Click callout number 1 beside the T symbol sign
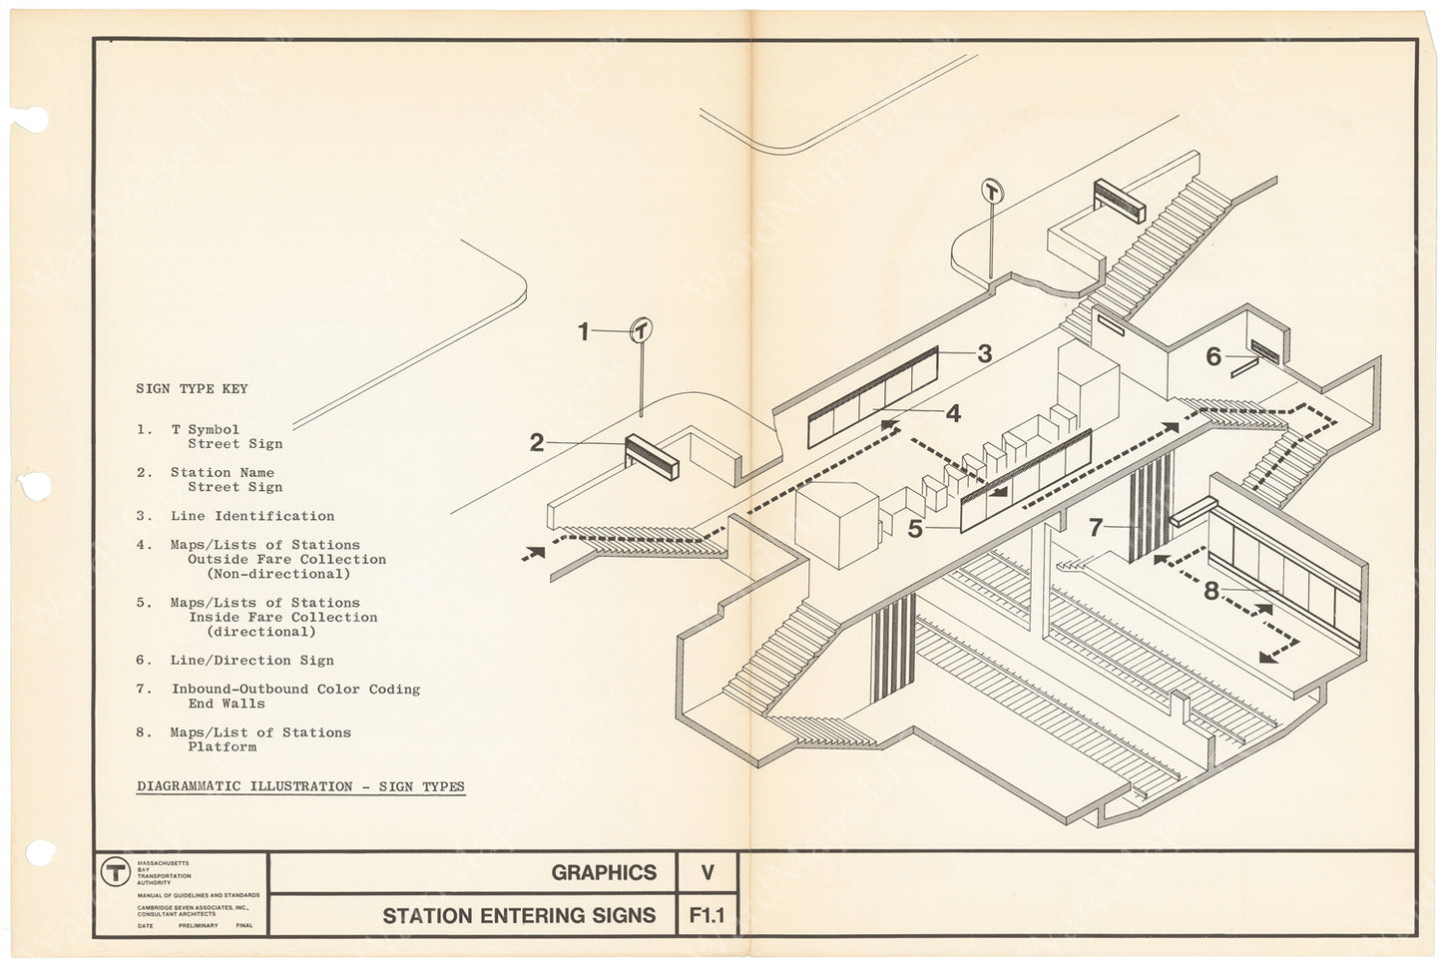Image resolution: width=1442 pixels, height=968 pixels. [x=584, y=331]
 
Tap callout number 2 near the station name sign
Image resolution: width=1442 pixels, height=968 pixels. [x=537, y=442]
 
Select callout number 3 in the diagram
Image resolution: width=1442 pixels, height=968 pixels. [x=985, y=353]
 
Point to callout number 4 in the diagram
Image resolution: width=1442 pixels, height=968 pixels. [x=953, y=413]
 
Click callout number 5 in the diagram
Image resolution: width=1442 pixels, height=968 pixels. [x=915, y=529]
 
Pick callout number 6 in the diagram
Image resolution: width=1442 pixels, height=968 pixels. [x=1213, y=356]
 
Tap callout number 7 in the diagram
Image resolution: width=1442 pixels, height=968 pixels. [x=1096, y=527]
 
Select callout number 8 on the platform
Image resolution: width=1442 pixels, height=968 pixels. [x=1211, y=591]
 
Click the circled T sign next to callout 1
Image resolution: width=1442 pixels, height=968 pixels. [x=641, y=330]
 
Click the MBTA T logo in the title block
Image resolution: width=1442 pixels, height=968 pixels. [x=116, y=871]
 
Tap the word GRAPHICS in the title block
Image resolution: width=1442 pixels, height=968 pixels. [x=604, y=873]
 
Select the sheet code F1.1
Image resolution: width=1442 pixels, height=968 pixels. [x=707, y=915]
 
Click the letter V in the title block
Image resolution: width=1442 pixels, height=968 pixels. [x=707, y=873]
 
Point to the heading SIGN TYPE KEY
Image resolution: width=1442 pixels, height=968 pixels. [x=192, y=389]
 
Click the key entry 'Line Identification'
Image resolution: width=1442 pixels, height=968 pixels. [x=251, y=516]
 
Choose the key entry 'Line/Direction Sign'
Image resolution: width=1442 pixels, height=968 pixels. [x=251, y=661]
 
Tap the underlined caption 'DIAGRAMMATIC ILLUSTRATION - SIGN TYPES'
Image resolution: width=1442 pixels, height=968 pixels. [x=300, y=786]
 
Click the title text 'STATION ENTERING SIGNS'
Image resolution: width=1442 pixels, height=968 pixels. [x=519, y=915]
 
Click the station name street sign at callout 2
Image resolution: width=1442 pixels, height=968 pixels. [x=652, y=457]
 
